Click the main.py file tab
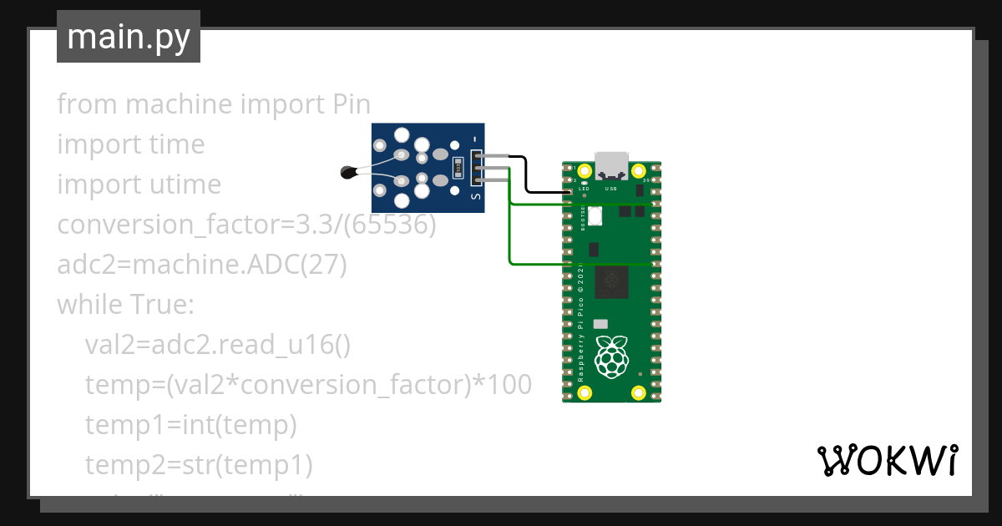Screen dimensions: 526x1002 click(128, 37)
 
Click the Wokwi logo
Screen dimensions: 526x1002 click(887, 460)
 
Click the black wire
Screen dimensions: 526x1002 click(526, 177)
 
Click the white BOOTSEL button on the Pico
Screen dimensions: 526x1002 click(595, 215)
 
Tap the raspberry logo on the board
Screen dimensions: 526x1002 click(611, 357)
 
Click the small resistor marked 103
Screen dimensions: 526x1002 click(458, 169)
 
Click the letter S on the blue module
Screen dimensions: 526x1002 click(476, 197)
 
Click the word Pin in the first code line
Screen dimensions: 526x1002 click(346, 104)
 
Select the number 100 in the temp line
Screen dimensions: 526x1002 click(508, 385)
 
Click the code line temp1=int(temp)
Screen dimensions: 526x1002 click(190, 425)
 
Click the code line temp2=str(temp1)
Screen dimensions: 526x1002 click(198, 465)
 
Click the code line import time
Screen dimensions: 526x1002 click(130, 144)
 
